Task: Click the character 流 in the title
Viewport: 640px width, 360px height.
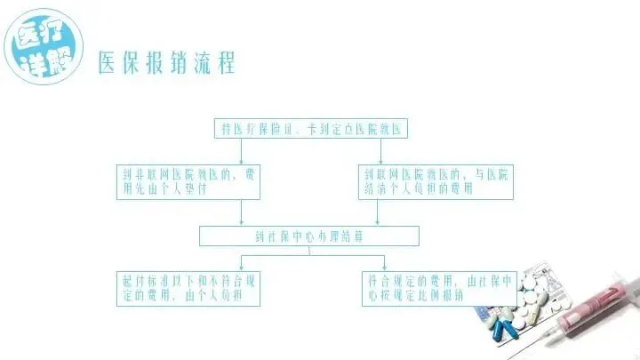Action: [196, 64]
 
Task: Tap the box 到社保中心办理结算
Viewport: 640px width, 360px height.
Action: [308, 236]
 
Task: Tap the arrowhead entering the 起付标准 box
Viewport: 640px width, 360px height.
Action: [242, 268]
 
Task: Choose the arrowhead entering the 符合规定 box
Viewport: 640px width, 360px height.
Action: [384, 268]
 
